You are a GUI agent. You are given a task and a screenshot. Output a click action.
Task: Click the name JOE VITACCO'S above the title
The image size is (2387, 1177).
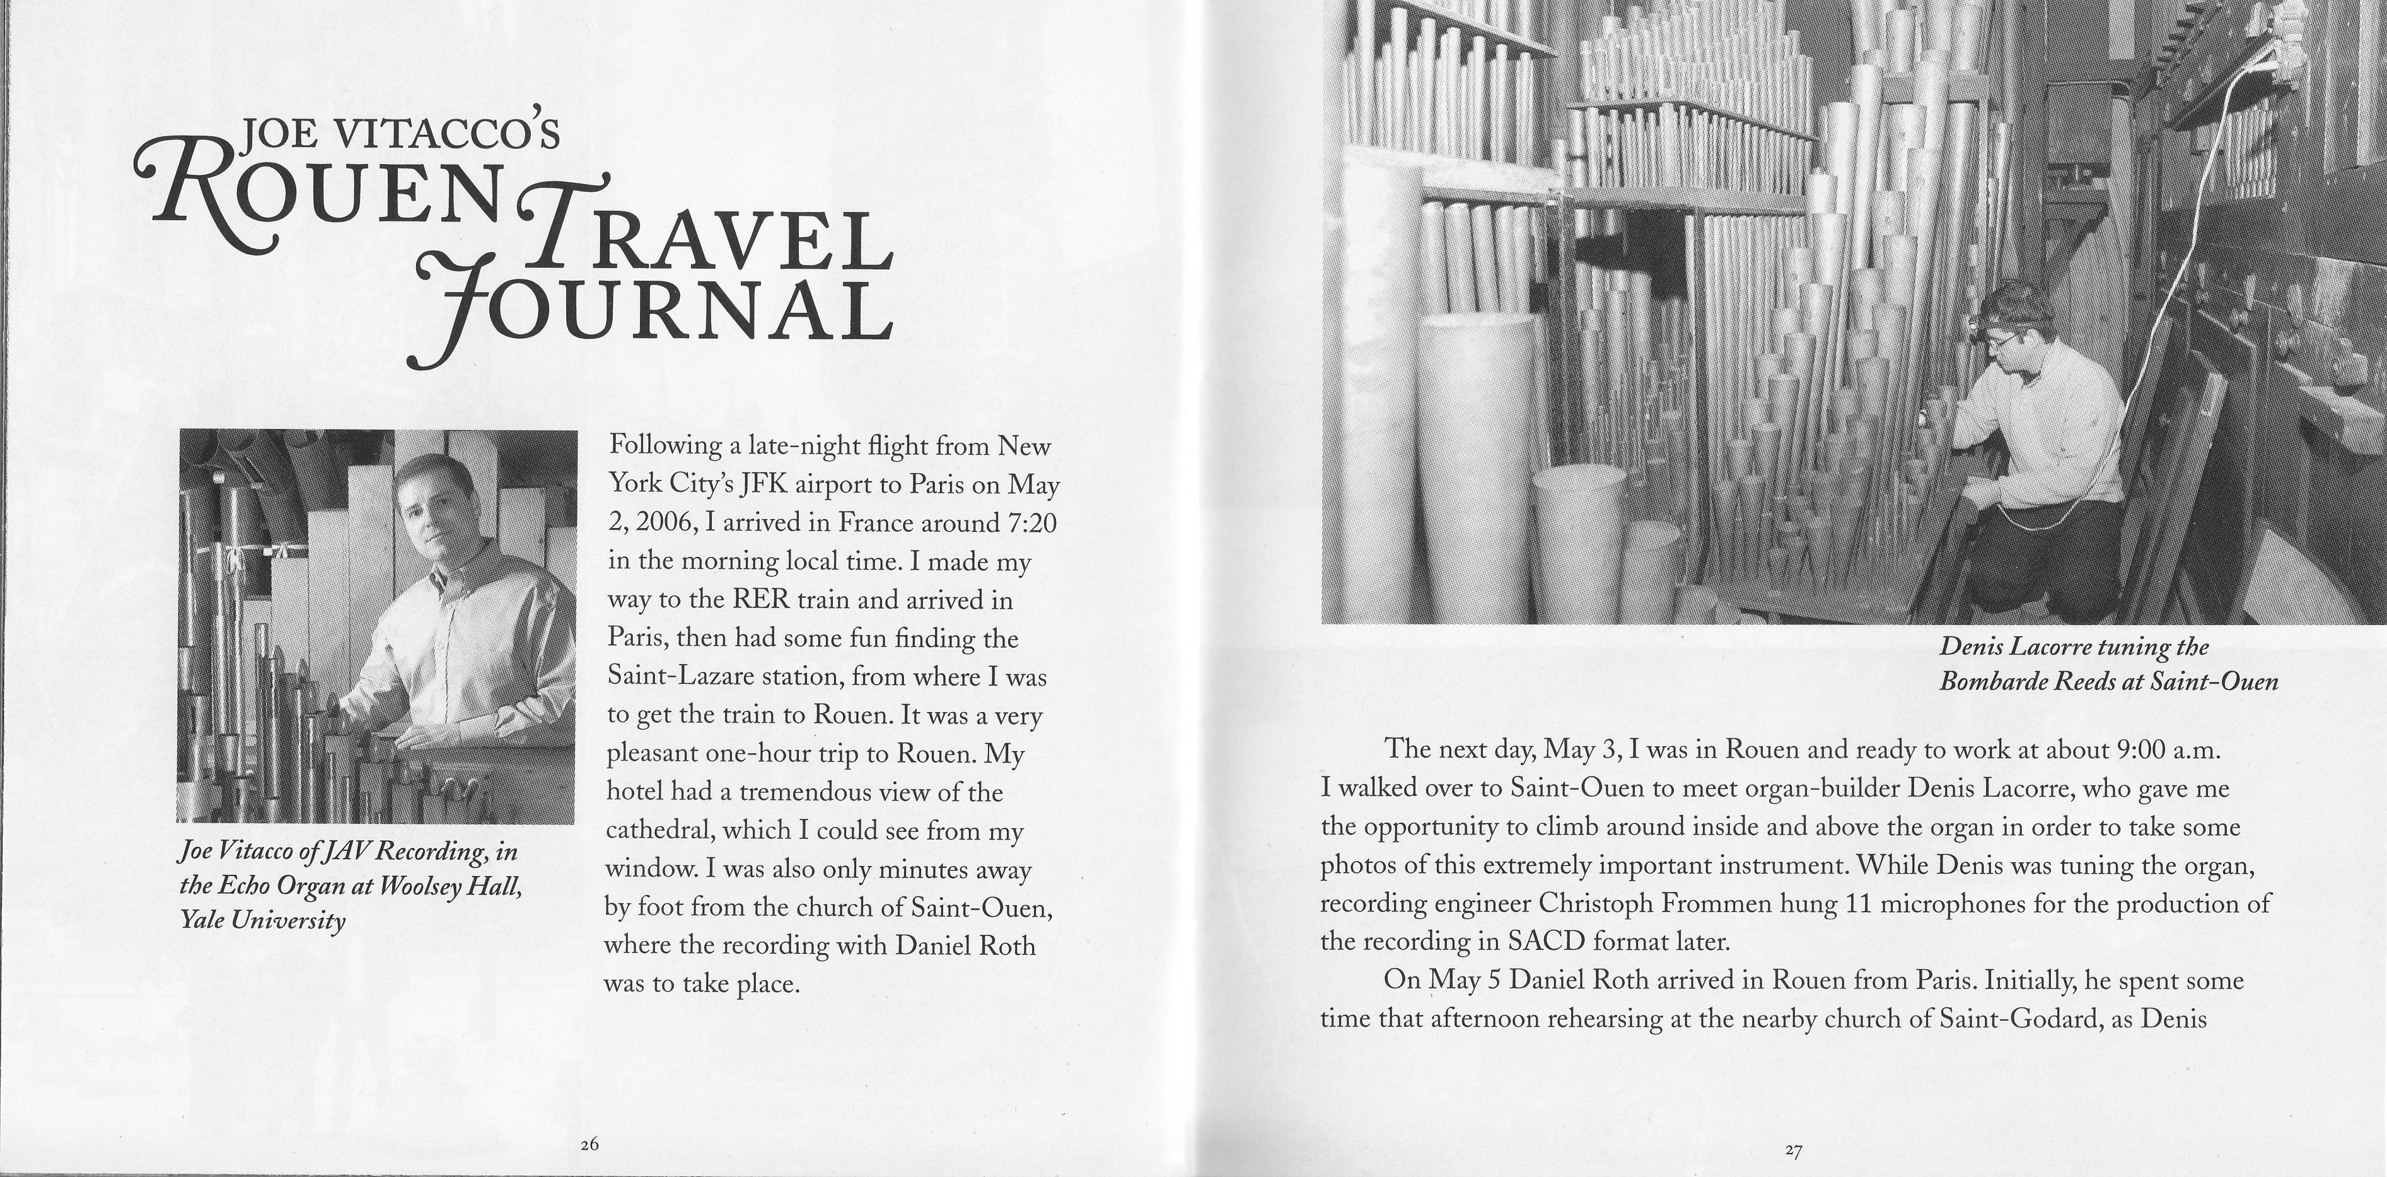tap(398, 136)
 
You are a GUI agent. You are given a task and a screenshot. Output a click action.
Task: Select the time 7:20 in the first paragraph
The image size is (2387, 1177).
tap(1030, 523)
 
